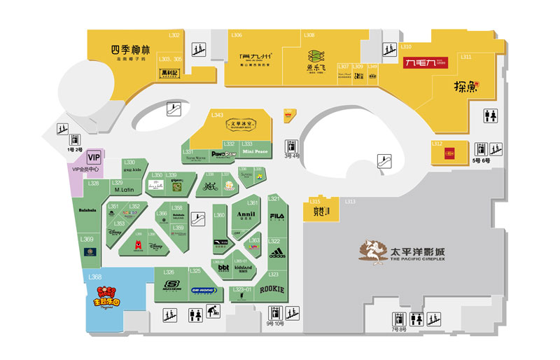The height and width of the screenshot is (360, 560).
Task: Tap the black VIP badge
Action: click(x=94, y=158)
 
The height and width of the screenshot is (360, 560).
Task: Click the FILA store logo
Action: click(x=277, y=214)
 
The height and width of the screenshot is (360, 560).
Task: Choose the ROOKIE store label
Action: click(x=272, y=289)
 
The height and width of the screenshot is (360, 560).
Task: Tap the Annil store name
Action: click(x=246, y=215)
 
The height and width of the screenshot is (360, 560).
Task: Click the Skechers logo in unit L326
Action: click(x=171, y=285)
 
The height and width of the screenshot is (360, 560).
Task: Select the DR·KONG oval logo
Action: click(x=204, y=289)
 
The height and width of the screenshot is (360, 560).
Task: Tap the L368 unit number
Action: click(x=96, y=277)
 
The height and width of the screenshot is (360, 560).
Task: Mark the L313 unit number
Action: click(x=350, y=202)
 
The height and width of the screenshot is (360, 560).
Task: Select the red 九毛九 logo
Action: click(x=426, y=63)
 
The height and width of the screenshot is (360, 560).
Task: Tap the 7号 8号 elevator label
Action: click(x=399, y=329)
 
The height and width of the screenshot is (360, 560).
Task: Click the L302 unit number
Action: click(x=174, y=35)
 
